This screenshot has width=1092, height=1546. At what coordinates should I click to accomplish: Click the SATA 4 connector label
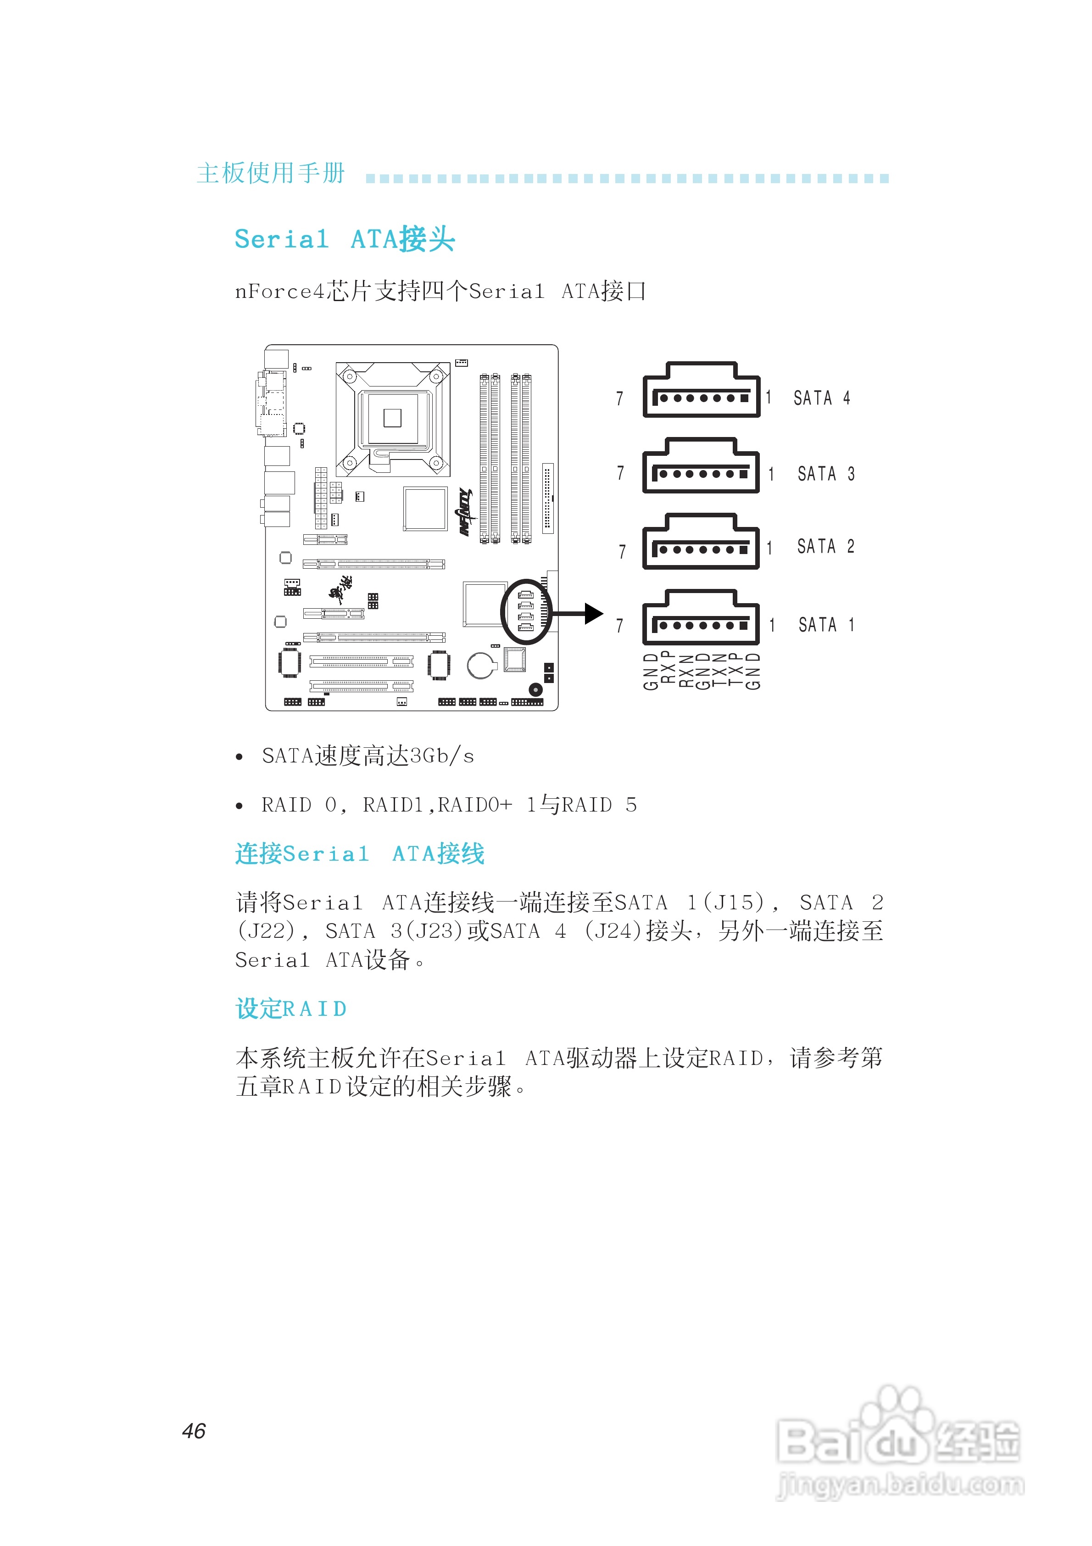click(x=821, y=398)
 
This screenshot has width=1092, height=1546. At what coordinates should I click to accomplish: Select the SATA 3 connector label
click(x=825, y=474)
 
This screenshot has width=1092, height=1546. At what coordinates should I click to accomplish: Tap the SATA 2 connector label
click(x=825, y=546)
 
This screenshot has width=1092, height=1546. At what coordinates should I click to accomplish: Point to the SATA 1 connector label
click(x=826, y=625)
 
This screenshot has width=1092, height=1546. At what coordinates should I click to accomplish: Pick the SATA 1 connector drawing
click(x=701, y=618)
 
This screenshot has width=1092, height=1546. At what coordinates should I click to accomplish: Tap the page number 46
click(x=194, y=1430)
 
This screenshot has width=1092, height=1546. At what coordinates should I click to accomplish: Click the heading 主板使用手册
click(x=271, y=173)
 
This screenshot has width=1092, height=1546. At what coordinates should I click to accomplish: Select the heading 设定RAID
click(x=291, y=1008)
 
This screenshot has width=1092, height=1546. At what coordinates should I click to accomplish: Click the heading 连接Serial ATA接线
click(x=360, y=854)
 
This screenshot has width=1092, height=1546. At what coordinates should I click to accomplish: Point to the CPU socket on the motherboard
click(x=392, y=418)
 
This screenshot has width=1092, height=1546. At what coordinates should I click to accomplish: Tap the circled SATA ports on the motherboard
click(x=526, y=612)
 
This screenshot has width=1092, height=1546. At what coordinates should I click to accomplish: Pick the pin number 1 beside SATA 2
click(x=769, y=548)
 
